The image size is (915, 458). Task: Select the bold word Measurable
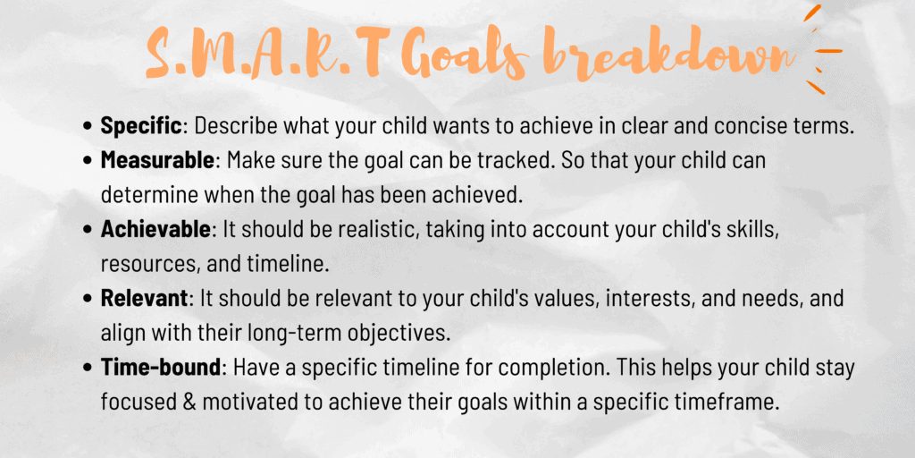click(157, 161)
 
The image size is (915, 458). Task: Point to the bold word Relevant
click(145, 299)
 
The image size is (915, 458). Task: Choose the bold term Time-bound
click(161, 368)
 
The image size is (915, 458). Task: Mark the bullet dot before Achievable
click(88, 230)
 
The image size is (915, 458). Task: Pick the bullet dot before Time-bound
click(88, 369)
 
